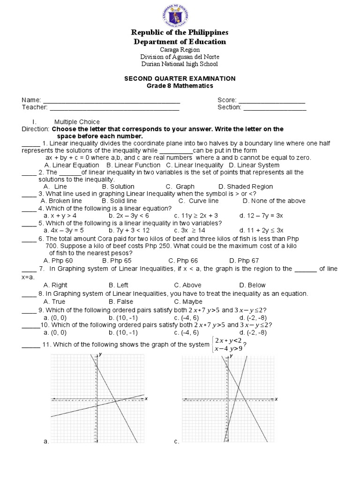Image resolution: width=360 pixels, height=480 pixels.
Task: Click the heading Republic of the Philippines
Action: (x=180, y=32)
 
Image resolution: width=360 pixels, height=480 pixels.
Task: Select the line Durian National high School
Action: (x=180, y=64)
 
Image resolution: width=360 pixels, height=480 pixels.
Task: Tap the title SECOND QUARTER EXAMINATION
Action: (x=180, y=78)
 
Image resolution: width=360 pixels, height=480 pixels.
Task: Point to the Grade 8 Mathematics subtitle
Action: (x=180, y=86)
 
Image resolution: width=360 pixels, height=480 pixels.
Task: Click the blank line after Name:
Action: (x=112, y=101)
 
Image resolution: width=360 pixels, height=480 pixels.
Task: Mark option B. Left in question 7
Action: (x=119, y=285)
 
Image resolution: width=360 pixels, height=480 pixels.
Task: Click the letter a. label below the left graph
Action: (x=45, y=441)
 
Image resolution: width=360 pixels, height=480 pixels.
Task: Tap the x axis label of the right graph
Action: (x=276, y=398)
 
